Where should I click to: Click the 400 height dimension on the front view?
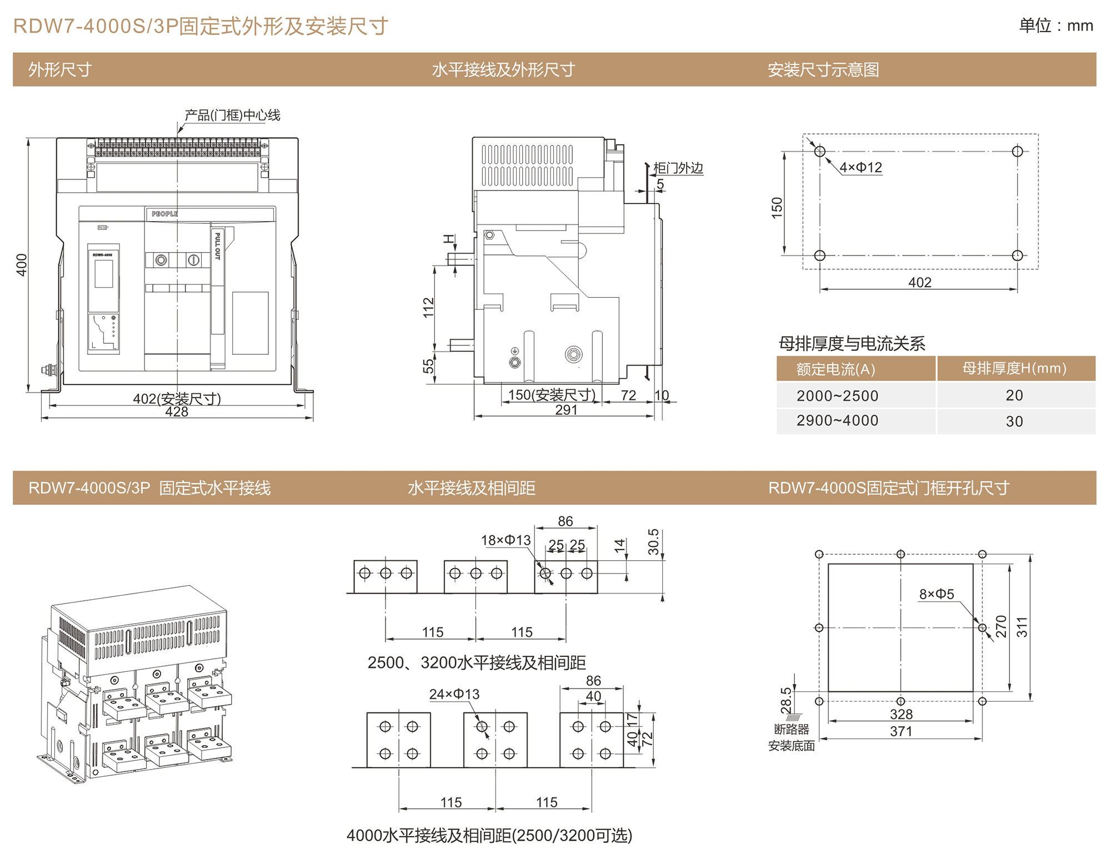coord(22,265)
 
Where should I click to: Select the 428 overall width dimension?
coord(177,412)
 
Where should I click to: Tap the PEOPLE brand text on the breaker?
coord(164,214)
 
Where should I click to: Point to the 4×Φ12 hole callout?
coord(860,167)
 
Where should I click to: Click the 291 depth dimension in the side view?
coord(566,410)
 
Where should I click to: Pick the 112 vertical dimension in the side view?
coord(428,308)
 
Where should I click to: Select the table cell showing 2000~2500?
coord(837,396)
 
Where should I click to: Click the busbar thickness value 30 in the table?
coord(1014,421)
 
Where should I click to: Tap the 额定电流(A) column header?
coord(835,369)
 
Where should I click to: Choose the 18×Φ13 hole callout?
coord(506,540)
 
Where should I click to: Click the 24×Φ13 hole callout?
coord(454,694)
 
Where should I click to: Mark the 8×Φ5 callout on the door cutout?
coord(937,594)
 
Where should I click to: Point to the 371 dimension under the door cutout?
coord(901,731)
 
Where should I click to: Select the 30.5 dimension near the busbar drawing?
coord(653,542)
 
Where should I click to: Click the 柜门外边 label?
coord(678,168)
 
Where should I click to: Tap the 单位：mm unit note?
coord(1056,26)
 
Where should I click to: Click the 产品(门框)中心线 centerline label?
coord(232,115)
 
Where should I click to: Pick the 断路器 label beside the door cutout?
coord(792,729)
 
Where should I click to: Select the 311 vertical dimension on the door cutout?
coord(1022,627)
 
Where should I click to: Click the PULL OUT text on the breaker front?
coord(218,246)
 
